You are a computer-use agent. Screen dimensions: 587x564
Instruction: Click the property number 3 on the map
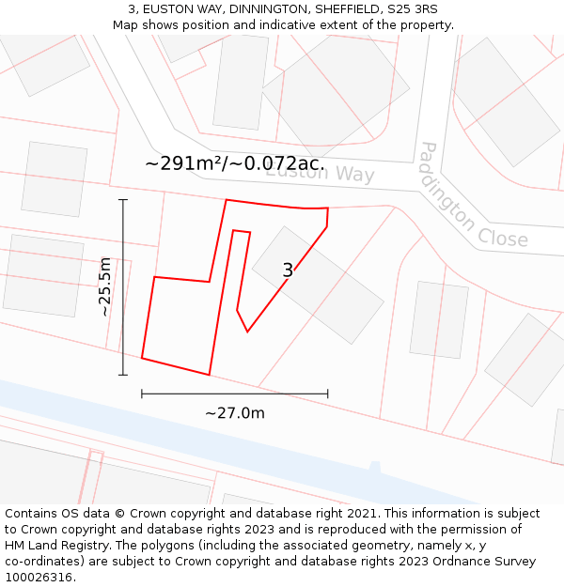click(288, 270)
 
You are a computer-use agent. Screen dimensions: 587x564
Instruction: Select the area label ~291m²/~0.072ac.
click(235, 163)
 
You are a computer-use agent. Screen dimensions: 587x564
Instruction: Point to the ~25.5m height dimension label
click(105, 287)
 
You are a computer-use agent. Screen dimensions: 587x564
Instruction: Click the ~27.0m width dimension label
click(235, 413)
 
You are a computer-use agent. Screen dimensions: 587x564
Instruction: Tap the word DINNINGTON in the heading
click(262, 9)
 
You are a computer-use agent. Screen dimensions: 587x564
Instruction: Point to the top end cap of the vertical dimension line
click(123, 200)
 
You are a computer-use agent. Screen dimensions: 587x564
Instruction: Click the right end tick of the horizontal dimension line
click(328, 394)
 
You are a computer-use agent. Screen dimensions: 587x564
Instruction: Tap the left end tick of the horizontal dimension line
click(142, 394)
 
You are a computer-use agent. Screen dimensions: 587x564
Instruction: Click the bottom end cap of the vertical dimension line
click(123, 375)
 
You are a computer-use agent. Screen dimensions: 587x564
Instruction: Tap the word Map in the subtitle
click(127, 25)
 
